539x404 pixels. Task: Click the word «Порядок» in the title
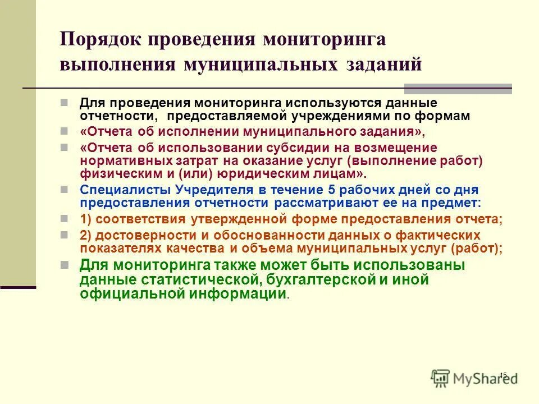pos(99,40)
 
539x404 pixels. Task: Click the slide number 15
pos(503,375)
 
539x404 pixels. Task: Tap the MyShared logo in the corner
pos(474,378)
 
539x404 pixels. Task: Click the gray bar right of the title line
pos(458,88)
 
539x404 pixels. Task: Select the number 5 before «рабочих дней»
pos(323,190)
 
